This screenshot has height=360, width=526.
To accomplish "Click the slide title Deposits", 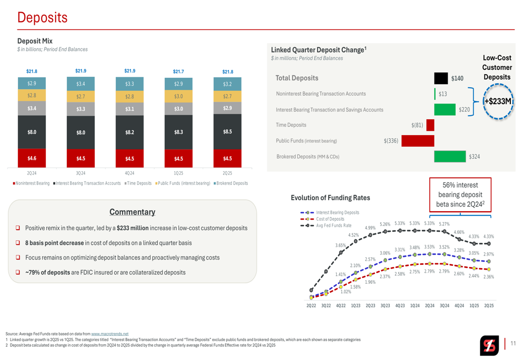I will click(x=42, y=18).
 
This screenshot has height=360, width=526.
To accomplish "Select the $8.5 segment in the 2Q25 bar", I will click(x=228, y=131).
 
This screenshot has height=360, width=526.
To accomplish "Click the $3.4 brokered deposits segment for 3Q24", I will click(x=80, y=84).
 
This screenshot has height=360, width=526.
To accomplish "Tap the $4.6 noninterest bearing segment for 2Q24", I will click(x=32, y=158).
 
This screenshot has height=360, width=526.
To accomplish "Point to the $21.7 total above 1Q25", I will click(x=179, y=71).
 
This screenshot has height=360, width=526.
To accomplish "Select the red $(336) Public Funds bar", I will click(x=418, y=141).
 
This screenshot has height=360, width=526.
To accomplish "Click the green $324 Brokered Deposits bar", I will click(x=451, y=156).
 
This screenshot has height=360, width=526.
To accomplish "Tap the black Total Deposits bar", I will click(x=441, y=78).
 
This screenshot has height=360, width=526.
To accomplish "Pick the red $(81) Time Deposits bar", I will click(x=430, y=125).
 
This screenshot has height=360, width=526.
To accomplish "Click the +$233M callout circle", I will click(x=498, y=101).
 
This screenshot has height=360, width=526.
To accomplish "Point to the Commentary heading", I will click(x=132, y=212).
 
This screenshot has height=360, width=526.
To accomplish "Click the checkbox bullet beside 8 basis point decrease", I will click(x=18, y=243).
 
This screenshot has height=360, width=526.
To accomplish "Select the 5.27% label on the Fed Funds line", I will click(x=444, y=224).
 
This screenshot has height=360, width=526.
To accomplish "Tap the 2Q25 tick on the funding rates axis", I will click(x=489, y=305).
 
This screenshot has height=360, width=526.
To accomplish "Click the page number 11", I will click(x=513, y=344).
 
